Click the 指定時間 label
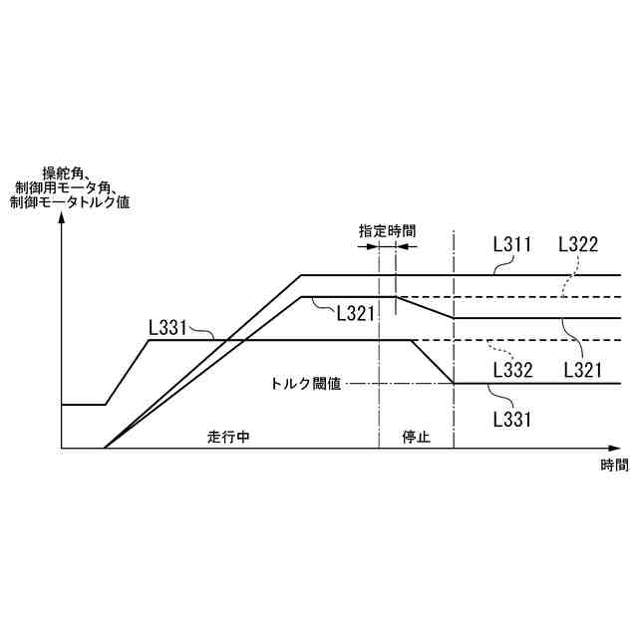[388, 230]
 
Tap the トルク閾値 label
[306, 383]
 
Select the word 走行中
[228, 438]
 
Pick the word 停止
[416, 438]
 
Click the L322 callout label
[578, 243]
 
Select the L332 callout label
[512, 370]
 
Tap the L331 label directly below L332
[512, 418]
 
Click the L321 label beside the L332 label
[582, 370]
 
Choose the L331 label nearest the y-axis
[167, 326]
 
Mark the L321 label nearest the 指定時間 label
[355, 313]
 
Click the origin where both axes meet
[62, 449]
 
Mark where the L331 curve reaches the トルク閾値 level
[454, 383]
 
